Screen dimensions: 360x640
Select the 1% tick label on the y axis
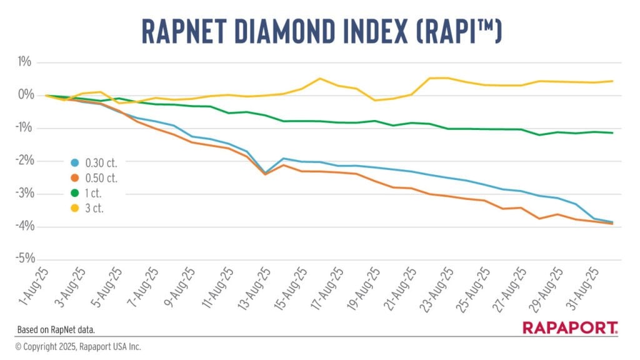point(25,62)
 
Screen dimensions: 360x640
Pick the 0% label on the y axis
point(24,95)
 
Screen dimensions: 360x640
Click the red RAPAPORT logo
point(570,327)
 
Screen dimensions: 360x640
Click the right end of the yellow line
point(612,81)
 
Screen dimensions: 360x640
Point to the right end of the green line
point(612,132)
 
